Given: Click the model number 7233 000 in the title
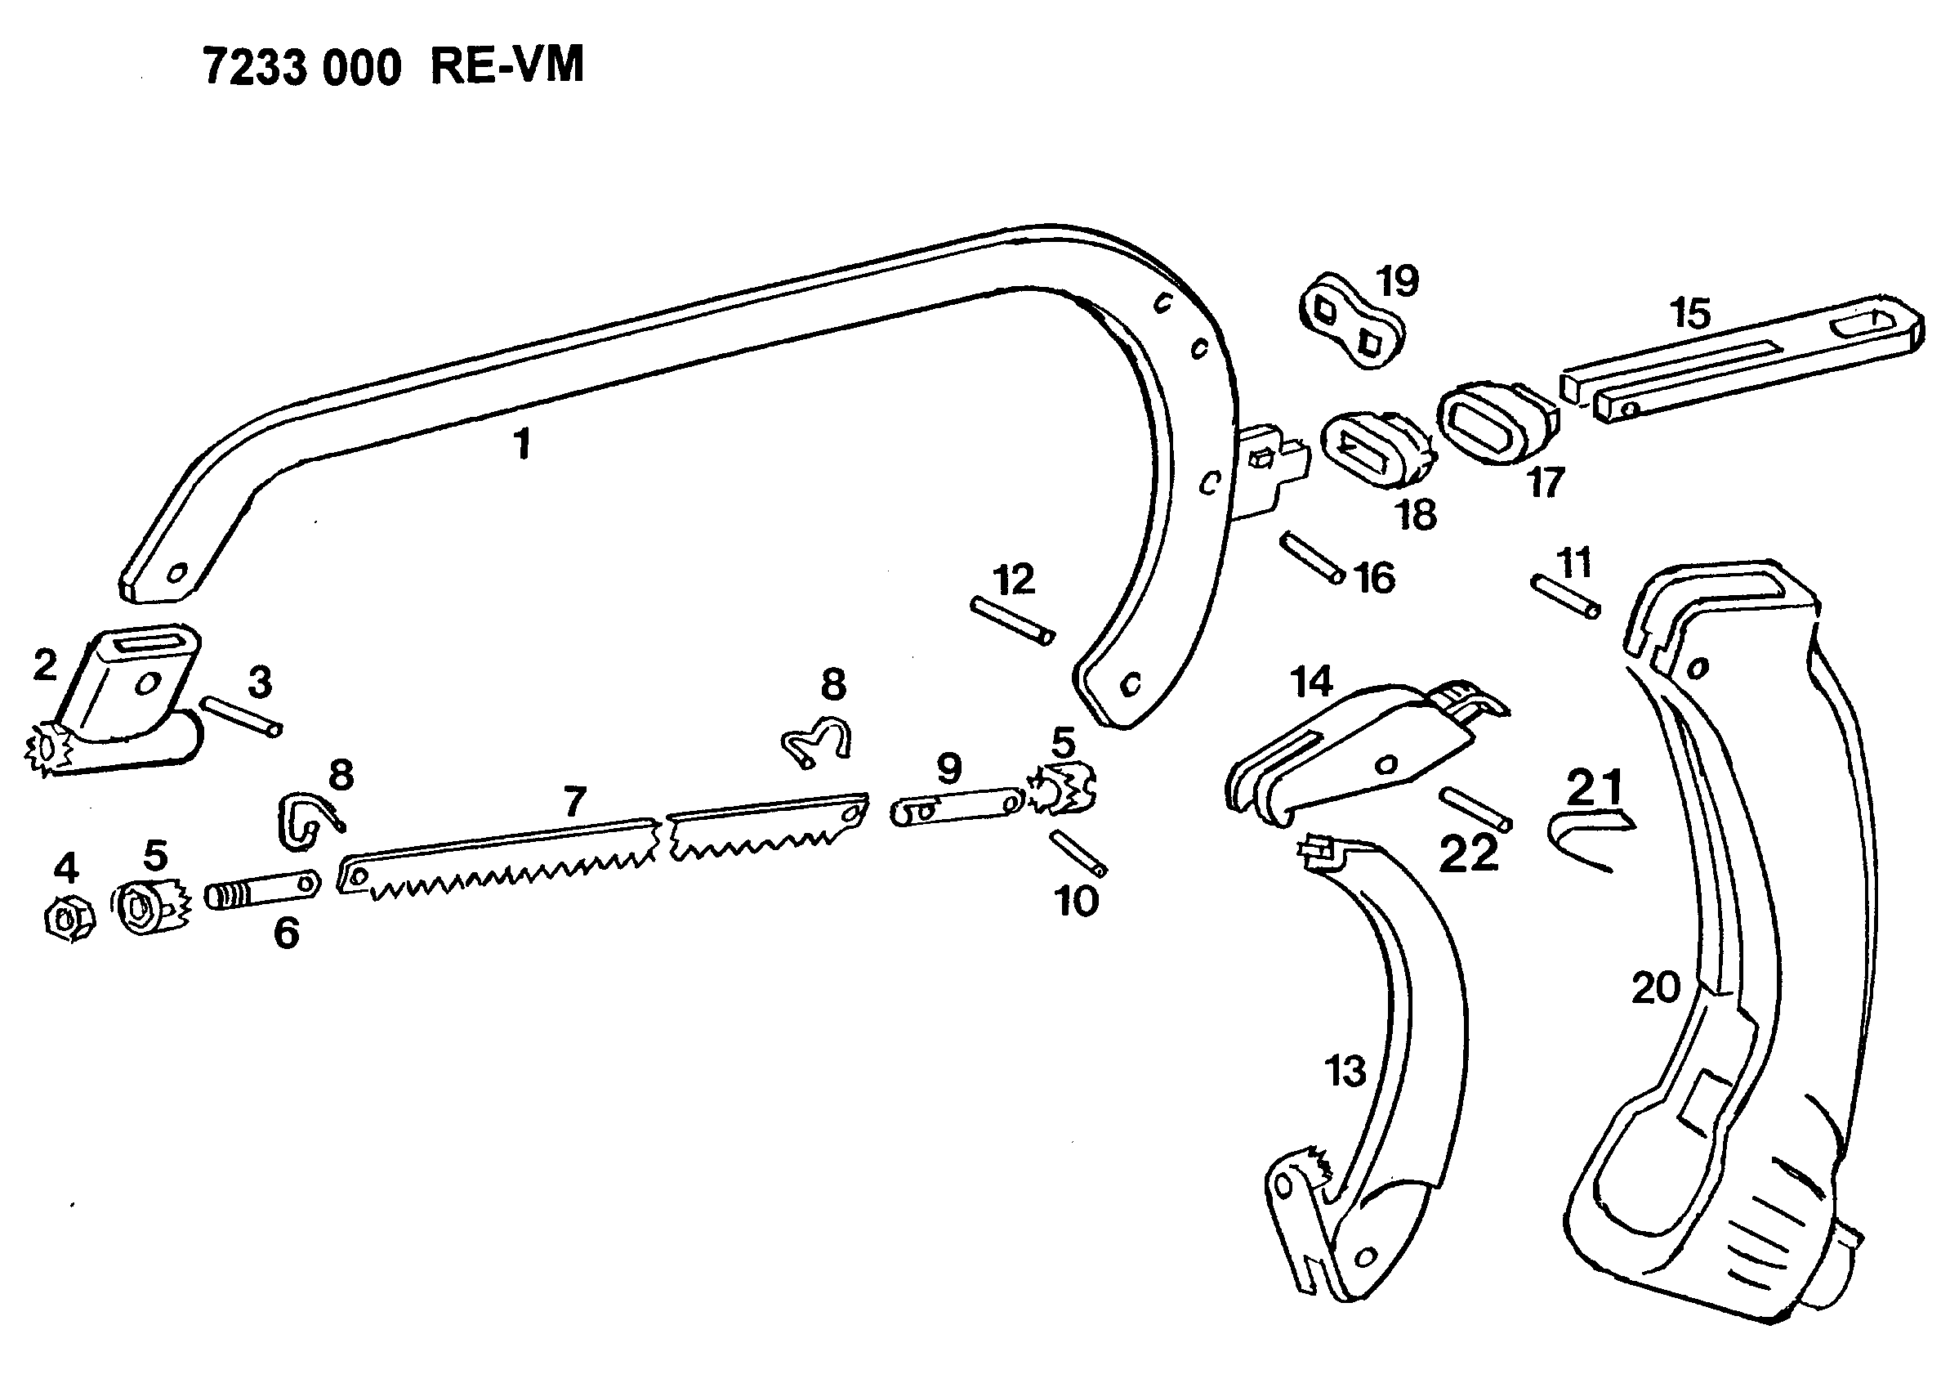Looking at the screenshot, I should (301, 68).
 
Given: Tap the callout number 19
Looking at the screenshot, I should (1397, 280).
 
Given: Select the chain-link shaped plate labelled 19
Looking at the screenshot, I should (1350, 322).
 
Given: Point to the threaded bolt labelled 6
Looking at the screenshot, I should (261, 890).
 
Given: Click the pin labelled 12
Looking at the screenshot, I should (1013, 620).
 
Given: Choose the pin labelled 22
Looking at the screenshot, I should (1476, 809).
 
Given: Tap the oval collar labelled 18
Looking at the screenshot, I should (1376, 450).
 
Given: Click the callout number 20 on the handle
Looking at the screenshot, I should (1655, 988).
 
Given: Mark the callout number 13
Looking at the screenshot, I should (1345, 1072).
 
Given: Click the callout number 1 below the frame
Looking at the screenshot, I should (522, 444).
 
